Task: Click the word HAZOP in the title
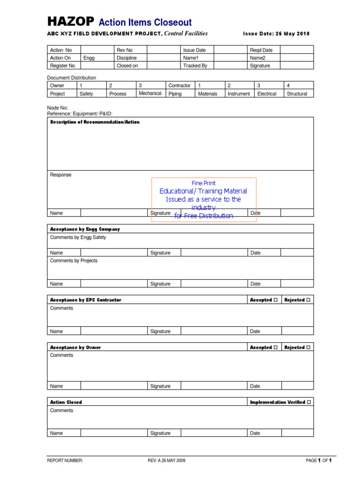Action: pos(71,22)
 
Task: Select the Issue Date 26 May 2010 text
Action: pos(276,34)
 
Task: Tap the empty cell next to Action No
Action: pos(97,50)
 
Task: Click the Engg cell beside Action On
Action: pos(89,58)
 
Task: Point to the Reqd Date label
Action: pos(261,50)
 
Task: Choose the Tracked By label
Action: pos(195,66)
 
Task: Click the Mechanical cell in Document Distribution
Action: pos(150,93)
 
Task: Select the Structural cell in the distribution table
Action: pos(297,94)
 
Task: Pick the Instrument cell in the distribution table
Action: pos(239,94)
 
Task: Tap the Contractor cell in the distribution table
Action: pos(180,86)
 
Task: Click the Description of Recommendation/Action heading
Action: pos(95,122)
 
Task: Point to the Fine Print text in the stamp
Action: pos(203,183)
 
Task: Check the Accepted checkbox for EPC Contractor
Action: pos(275,300)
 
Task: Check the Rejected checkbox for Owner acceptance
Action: pos(308,348)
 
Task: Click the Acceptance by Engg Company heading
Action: pos(85,229)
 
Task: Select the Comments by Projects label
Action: pos(74,261)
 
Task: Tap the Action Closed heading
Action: pos(66,402)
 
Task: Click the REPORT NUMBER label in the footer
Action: pos(65,461)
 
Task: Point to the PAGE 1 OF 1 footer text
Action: pos(319,461)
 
